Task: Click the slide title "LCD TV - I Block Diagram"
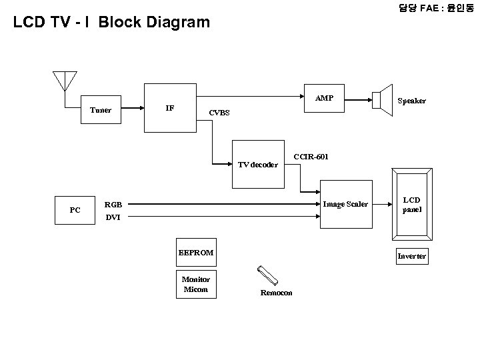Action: coord(112,23)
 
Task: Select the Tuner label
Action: coord(101,110)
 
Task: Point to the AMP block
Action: coord(325,99)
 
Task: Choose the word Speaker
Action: coord(412,101)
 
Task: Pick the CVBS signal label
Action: coord(219,113)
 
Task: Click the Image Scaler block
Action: coord(345,204)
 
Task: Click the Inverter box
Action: coord(412,256)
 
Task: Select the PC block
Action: coord(75,210)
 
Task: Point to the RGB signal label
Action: coord(113,205)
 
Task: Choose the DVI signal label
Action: coord(113,217)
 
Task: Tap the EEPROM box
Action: coord(196,253)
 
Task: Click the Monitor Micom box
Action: coord(195,285)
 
